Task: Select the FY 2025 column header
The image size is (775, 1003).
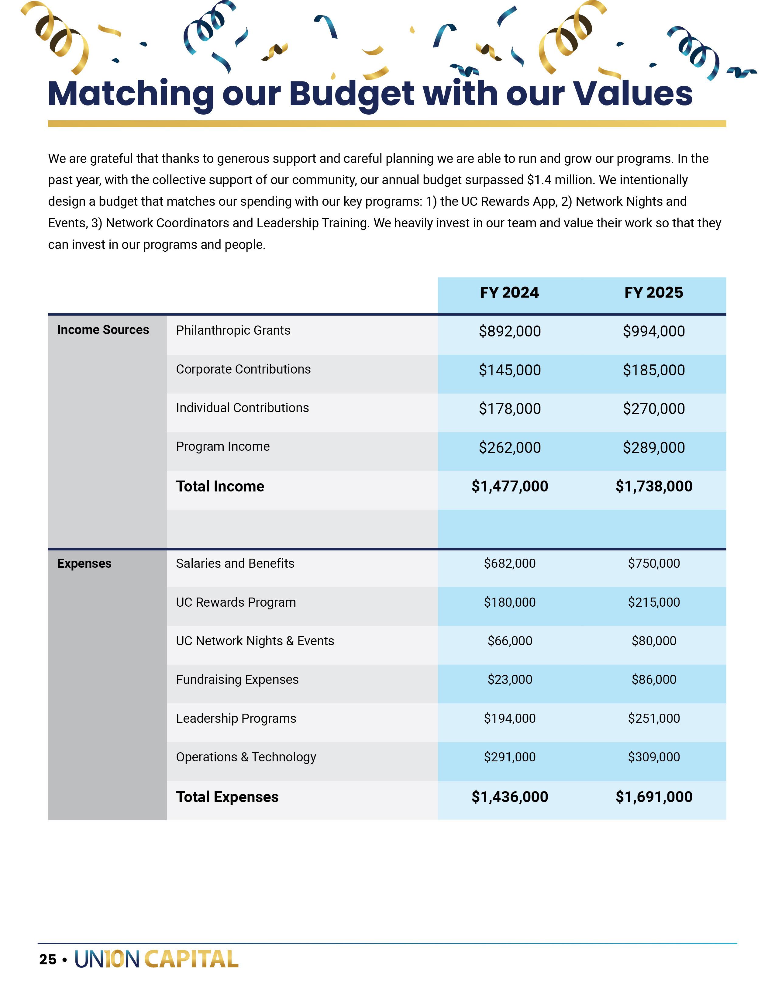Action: tap(653, 293)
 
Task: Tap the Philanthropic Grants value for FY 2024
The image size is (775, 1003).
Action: tap(510, 331)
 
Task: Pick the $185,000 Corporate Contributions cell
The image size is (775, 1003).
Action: tap(653, 370)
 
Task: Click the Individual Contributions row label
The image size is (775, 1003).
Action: tap(243, 408)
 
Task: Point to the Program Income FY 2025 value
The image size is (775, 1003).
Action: tap(653, 448)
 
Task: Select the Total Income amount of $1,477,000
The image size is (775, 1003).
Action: tap(510, 486)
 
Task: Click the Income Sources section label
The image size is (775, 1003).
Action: tap(103, 330)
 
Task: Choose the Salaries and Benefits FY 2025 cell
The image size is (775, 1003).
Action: tap(653, 564)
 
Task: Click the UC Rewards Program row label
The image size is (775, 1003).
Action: tap(236, 602)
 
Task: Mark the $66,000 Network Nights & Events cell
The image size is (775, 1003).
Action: tap(510, 641)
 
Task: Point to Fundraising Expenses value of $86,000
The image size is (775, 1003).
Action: tap(653, 680)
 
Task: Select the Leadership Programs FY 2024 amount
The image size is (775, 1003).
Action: tap(510, 718)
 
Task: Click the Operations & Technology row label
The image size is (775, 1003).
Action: tap(246, 757)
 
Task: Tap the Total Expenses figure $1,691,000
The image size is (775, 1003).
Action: tap(653, 797)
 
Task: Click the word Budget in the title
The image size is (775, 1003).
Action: tap(351, 94)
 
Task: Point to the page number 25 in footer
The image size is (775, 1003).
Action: tap(48, 959)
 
